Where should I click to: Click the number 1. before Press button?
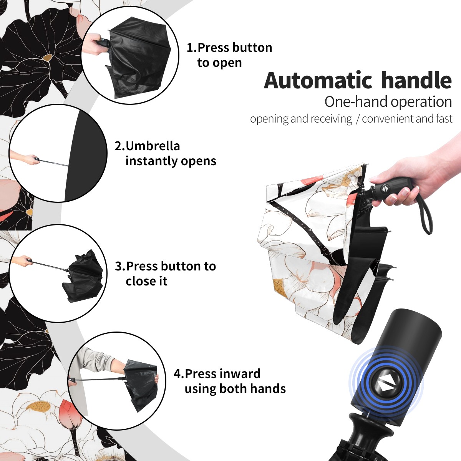coord(192,48)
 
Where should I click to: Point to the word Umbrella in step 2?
coord(153,146)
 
